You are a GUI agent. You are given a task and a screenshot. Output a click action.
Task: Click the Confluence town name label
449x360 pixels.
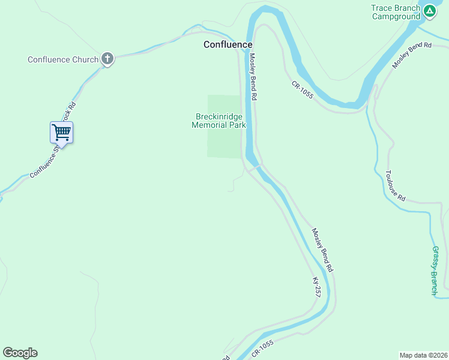point(228,44)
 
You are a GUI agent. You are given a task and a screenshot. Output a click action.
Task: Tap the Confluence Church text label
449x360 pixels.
point(63,59)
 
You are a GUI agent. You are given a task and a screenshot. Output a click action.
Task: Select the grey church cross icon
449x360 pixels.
point(107,58)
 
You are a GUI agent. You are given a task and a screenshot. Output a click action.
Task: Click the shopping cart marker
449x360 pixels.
point(61,132)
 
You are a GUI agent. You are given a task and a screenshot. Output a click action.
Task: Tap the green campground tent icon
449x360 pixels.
point(430,11)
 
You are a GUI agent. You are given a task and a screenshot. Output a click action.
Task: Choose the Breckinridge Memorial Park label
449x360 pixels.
point(218,121)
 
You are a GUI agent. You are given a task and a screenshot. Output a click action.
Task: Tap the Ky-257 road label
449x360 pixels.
point(316,287)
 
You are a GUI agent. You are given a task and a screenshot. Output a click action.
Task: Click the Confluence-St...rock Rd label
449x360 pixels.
point(53,140)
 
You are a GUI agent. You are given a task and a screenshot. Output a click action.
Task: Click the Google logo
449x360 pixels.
point(20,353)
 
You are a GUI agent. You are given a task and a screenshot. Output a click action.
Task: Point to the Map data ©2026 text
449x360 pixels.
point(423,355)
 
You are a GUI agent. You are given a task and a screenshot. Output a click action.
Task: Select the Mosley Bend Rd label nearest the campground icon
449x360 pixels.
point(412,55)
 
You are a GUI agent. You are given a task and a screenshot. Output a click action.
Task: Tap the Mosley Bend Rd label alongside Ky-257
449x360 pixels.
point(322,250)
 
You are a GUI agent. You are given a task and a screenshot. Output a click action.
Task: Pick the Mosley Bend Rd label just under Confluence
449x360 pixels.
point(253,77)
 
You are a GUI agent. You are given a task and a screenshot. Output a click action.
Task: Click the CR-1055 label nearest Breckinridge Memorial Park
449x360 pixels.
point(303,90)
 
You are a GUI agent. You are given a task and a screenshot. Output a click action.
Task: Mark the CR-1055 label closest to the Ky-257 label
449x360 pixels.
point(262,349)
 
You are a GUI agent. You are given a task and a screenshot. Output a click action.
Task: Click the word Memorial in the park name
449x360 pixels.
point(210,125)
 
